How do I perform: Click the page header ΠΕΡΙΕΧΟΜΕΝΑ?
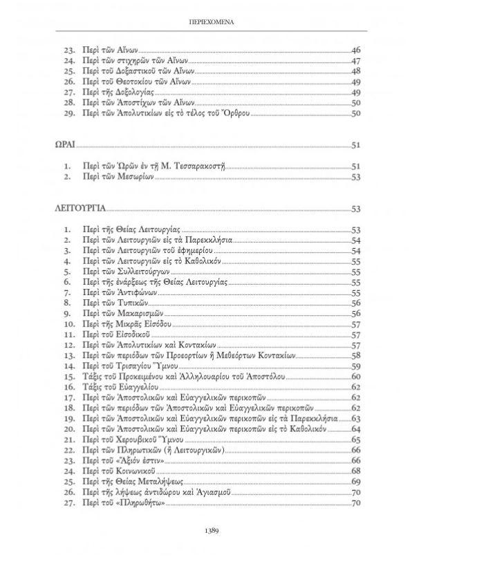[x=212, y=22]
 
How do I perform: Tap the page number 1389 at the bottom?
[x=212, y=531]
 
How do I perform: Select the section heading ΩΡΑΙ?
[x=64, y=146]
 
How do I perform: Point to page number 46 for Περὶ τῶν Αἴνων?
[x=356, y=50]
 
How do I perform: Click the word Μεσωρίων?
[x=131, y=178]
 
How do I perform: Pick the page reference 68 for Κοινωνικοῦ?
[x=356, y=471]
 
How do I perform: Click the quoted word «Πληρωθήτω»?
[x=143, y=502]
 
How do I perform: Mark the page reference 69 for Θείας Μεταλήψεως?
[x=356, y=481]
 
